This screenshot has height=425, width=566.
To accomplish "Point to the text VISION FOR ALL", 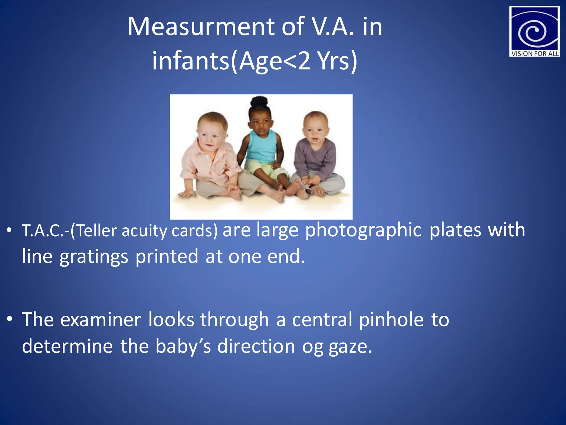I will [534, 54].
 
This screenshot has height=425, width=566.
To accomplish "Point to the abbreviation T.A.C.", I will [44, 231].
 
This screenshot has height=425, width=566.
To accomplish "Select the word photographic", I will [363, 230].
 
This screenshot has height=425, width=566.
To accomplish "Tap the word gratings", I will [94, 257].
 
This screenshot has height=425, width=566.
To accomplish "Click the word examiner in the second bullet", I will [101, 320].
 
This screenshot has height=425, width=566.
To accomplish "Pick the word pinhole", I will [391, 320].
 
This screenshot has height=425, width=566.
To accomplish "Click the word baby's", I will [183, 346].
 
